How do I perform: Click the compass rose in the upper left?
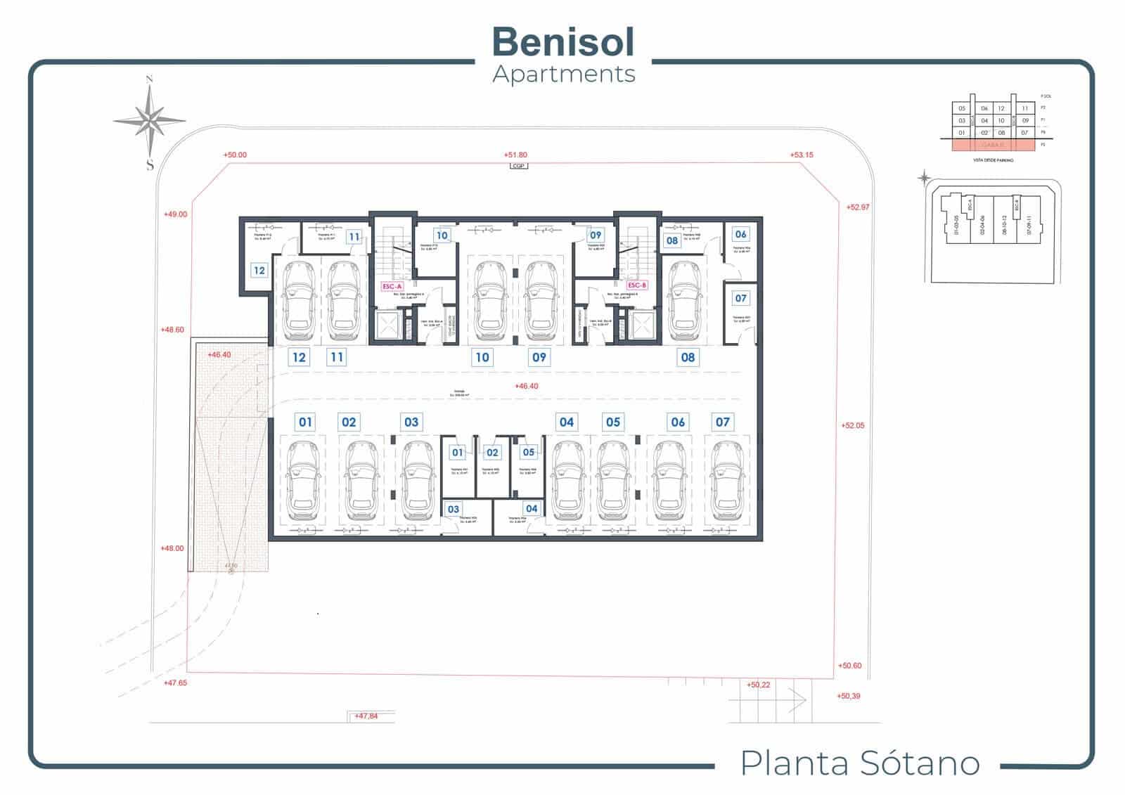pyautogui.click(x=149, y=121)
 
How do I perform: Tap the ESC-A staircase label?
pyautogui.click(x=392, y=286)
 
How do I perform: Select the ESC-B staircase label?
pyautogui.click(x=636, y=285)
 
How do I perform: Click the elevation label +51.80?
pyautogui.click(x=515, y=155)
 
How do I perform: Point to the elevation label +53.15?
pyautogui.click(x=801, y=155)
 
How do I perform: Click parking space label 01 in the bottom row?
pyautogui.click(x=305, y=422)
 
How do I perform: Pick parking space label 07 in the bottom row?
pyautogui.click(x=722, y=422)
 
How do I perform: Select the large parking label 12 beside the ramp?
pyautogui.click(x=299, y=357)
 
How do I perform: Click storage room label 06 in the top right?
pyautogui.click(x=740, y=234)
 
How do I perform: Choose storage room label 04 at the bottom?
pyautogui.click(x=531, y=508)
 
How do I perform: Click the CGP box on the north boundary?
pyautogui.click(x=519, y=166)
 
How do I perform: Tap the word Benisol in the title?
pyautogui.click(x=563, y=41)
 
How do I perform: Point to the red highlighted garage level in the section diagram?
pyautogui.click(x=993, y=146)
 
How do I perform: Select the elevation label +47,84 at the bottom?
pyautogui.click(x=366, y=716)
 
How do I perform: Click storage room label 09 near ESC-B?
pyautogui.click(x=596, y=235)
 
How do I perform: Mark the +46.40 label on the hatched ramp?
pyautogui.click(x=219, y=355)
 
